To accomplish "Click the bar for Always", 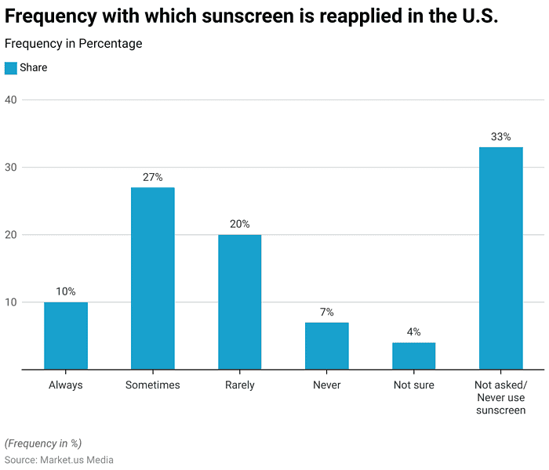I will click(x=66, y=335).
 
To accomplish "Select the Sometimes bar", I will click(x=153, y=278).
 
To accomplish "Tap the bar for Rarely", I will click(x=240, y=302).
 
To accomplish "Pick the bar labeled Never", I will click(x=327, y=345).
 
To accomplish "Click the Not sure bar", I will click(x=413, y=356).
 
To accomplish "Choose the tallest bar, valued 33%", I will click(x=500, y=258).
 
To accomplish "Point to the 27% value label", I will click(x=153, y=178).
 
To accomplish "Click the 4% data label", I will click(x=413, y=332).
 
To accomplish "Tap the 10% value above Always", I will click(x=66, y=292).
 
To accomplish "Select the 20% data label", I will click(x=240, y=225).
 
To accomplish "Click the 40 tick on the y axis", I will click(x=11, y=99).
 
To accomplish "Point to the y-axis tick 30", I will click(x=11, y=167).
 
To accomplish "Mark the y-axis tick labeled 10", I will click(x=11, y=302).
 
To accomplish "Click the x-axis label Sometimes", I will click(x=153, y=385).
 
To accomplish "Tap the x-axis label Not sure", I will click(x=413, y=385).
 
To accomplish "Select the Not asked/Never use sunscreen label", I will click(x=500, y=397).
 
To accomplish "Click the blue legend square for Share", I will click(x=11, y=68).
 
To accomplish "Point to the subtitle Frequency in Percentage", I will click(x=74, y=44).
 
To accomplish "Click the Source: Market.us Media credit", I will click(x=59, y=460).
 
